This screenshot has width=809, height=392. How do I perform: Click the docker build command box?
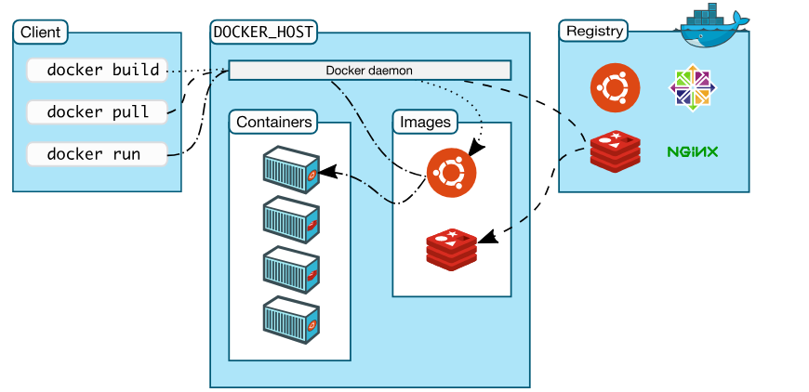97,70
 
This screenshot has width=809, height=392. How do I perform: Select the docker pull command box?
97,111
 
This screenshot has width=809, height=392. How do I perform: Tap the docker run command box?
97,153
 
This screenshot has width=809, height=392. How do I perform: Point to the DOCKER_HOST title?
263,32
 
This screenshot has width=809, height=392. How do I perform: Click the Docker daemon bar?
369,70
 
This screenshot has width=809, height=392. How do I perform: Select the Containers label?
273,122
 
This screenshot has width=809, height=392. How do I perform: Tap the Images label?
425,122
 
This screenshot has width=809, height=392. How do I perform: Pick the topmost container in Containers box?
290,168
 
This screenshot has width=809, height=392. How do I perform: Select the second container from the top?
290,218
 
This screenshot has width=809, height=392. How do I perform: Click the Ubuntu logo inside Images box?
451,172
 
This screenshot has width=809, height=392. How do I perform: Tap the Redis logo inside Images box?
452,248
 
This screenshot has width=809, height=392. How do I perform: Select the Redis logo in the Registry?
615,151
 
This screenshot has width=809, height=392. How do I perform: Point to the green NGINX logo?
693,150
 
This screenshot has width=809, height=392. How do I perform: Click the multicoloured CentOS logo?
694,88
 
